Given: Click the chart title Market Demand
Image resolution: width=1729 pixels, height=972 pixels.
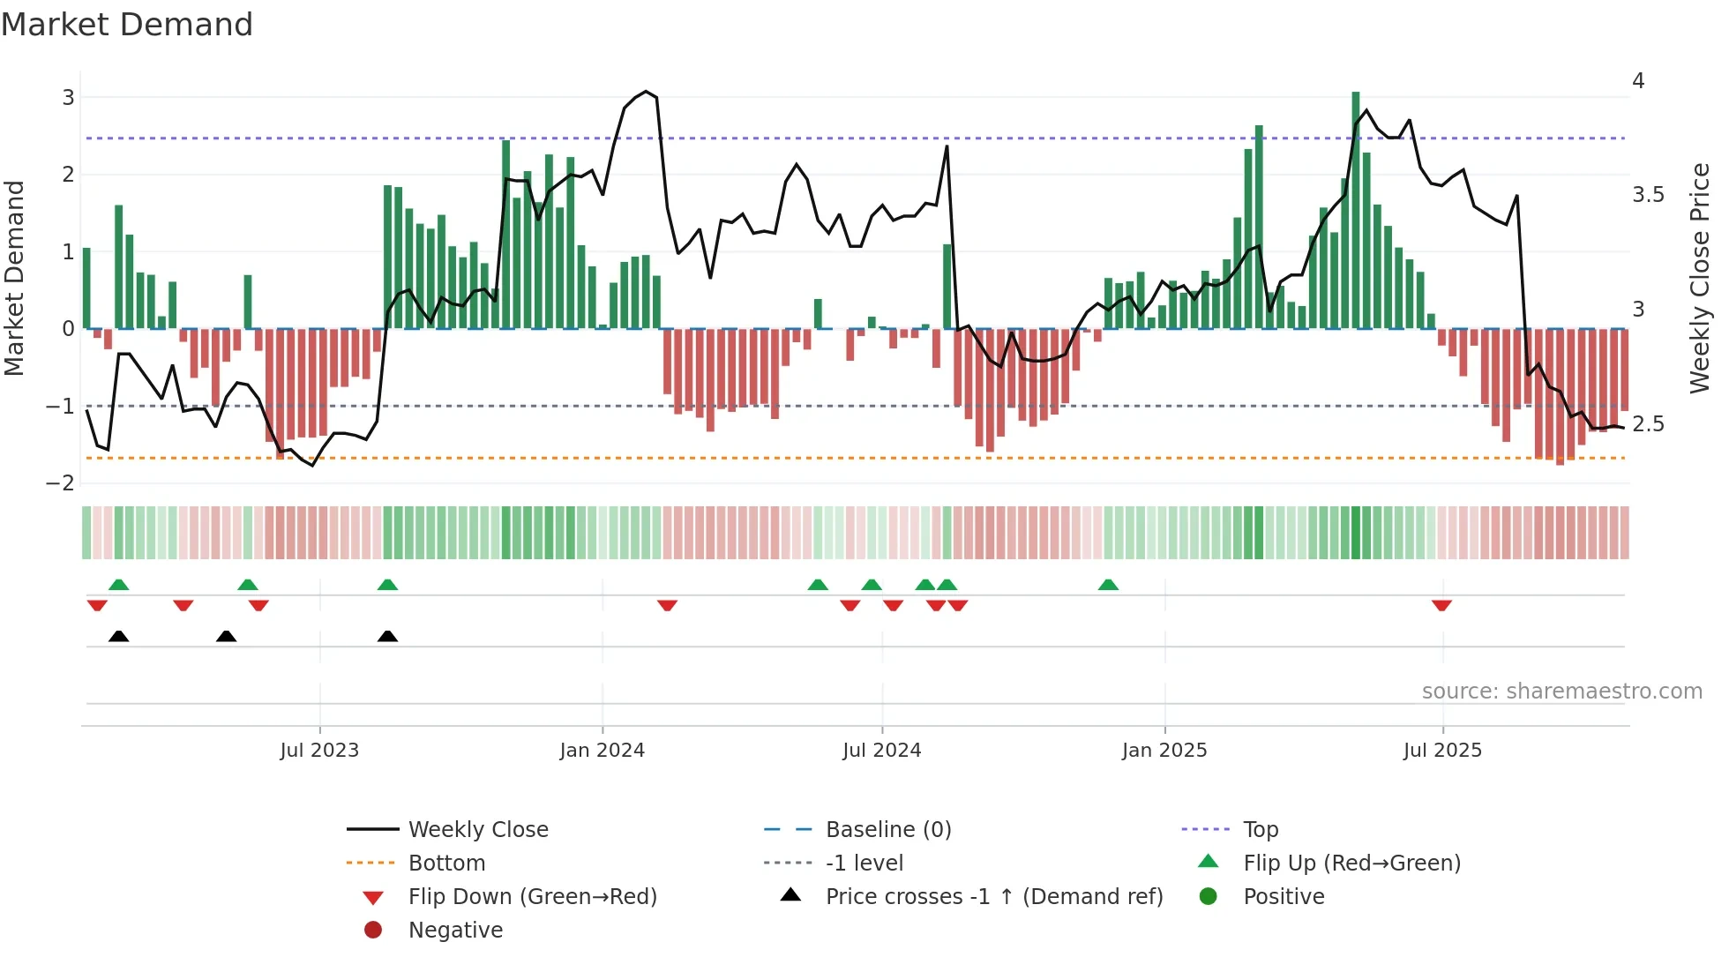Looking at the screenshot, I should tap(127, 25).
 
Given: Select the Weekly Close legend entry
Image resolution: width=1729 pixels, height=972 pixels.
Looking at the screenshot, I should tap(477, 829).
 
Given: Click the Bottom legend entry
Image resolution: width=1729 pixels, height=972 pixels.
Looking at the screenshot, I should tap(446, 863).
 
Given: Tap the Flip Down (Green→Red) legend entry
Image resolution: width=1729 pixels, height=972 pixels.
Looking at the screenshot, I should tap(532, 896).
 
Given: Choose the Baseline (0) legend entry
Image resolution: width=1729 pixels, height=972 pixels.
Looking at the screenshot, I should tap(887, 829).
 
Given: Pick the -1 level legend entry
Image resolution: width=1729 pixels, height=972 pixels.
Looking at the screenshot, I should tap(864, 863).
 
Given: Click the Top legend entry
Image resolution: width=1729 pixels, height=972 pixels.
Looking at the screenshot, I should tap(1260, 829).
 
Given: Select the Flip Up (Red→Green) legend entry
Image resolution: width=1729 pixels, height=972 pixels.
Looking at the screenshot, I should tap(1351, 863).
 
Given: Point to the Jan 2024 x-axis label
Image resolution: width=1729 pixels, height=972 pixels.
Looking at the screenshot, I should tap(602, 750).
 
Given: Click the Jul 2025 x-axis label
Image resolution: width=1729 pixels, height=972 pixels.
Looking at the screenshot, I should tap(1442, 750).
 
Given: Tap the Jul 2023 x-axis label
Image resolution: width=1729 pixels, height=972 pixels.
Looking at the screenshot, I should tap(319, 750).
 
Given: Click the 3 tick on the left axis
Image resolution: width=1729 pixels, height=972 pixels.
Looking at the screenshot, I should tap(68, 97).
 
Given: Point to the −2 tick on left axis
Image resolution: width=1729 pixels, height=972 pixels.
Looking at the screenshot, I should tap(61, 482).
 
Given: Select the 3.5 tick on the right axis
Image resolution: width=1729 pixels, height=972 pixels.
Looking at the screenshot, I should tap(1648, 194).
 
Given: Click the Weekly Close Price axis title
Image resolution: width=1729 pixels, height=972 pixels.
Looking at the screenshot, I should tap(1699, 278).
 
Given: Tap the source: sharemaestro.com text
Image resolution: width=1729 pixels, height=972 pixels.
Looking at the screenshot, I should tap(1561, 691).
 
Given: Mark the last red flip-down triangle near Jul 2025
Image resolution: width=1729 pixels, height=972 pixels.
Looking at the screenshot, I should tap(1441, 605).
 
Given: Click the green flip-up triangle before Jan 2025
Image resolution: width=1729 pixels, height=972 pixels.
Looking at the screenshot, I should tap(1108, 585).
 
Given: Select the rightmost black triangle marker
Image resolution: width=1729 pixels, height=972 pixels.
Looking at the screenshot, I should tap(387, 636).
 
